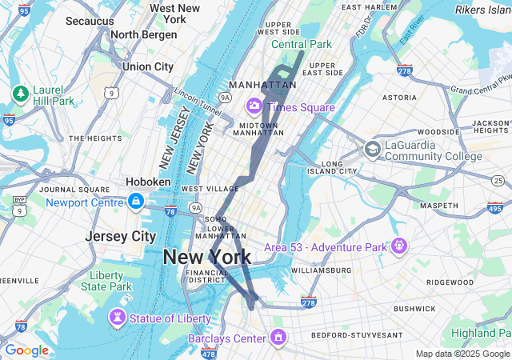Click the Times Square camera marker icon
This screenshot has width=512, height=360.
255,106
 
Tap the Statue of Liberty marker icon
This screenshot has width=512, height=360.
118,318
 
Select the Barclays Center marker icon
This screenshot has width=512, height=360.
278,338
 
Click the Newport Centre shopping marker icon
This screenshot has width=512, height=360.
135,200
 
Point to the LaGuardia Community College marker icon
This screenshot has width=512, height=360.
372,149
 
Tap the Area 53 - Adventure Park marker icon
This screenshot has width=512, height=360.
399,246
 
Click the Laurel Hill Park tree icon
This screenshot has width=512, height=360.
20,94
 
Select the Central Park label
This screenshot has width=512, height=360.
301,44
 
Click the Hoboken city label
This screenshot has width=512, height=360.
148,182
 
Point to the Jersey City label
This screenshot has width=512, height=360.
120,237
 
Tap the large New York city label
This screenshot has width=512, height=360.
206,258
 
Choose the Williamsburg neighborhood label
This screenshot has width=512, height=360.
321,270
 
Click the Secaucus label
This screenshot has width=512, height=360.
90,21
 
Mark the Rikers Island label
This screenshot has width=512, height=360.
482,10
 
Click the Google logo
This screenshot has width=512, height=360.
26,350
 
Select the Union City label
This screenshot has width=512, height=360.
147,66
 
